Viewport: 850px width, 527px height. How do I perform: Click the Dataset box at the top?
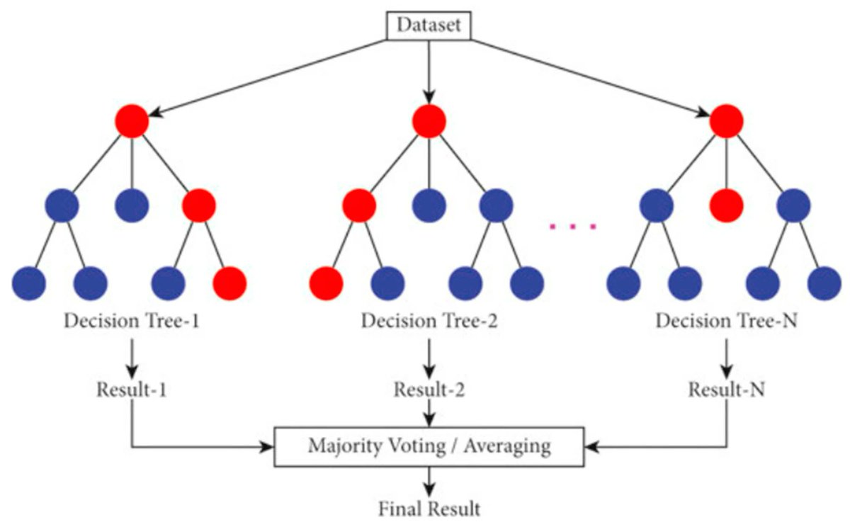coord(428,26)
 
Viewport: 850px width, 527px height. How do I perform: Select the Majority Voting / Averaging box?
coord(429,447)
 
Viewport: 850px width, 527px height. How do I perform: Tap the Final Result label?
coord(429,508)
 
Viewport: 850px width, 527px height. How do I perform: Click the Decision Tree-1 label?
coord(132,321)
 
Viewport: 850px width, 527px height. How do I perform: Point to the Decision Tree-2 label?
coord(429,321)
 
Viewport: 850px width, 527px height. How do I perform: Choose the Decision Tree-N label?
coord(727,321)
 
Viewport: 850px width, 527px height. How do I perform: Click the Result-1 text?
coord(132,390)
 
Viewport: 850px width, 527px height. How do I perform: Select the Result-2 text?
coord(429,390)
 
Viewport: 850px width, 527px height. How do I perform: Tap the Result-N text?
coord(727,390)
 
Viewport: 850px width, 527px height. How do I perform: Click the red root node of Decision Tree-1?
coord(132,120)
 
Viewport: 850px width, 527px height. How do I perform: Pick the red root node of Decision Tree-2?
coord(429,120)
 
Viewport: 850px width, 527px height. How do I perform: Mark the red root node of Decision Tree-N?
coord(726,120)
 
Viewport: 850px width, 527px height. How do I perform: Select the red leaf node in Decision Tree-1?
coord(230,283)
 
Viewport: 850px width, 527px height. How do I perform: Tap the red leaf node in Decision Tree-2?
coord(327,283)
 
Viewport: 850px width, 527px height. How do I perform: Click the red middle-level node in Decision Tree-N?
coord(726,206)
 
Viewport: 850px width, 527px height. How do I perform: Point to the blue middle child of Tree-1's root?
coord(132,206)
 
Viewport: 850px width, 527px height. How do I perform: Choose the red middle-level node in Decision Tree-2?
coord(359,206)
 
